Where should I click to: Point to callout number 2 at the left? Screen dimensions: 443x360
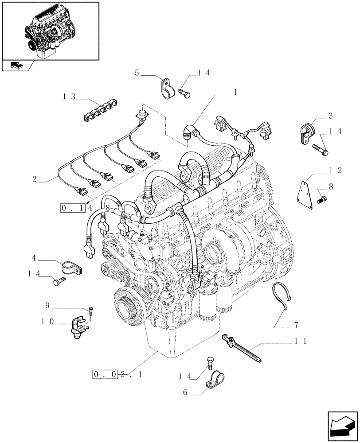pyautogui.click(x=34, y=180)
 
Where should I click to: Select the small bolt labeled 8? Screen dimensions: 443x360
pyautogui.click(x=322, y=200)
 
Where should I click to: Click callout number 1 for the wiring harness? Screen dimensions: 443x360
pyautogui.click(x=235, y=93)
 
